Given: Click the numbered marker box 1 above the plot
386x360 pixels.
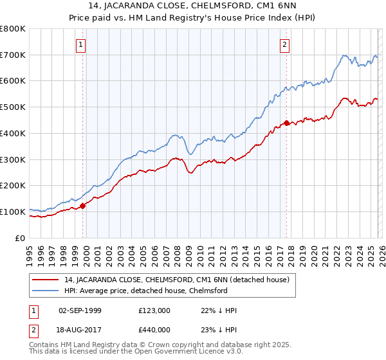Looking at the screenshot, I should pyautogui.click(x=81, y=45).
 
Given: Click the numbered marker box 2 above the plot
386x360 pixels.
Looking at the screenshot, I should pyautogui.click(x=284, y=45).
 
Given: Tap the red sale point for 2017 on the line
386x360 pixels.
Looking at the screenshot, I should pyautogui.click(x=287, y=122).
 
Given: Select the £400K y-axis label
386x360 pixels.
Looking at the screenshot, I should pyautogui.click(x=14, y=133).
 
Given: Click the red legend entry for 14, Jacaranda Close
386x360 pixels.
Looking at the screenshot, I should pyautogui.click(x=177, y=280).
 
